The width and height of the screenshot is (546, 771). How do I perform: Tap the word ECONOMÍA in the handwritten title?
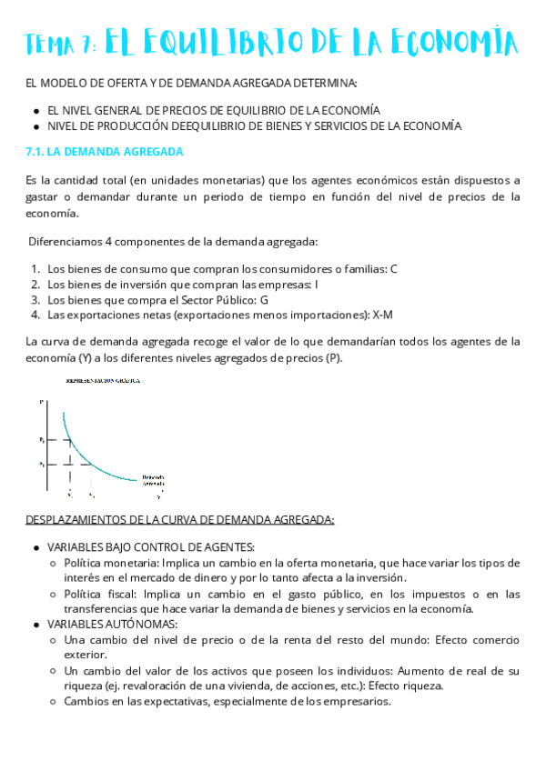tap(452, 43)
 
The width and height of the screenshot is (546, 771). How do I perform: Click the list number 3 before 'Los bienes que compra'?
tap(35, 299)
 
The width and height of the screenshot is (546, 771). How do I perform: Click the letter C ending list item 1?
tap(394, 268)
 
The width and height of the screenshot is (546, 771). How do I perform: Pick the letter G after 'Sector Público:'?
tap(265, 299)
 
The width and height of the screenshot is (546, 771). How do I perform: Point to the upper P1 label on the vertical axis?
tap(42, 439)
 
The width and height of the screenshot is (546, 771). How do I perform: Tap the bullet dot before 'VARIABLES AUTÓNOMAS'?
tap(35, 624)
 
